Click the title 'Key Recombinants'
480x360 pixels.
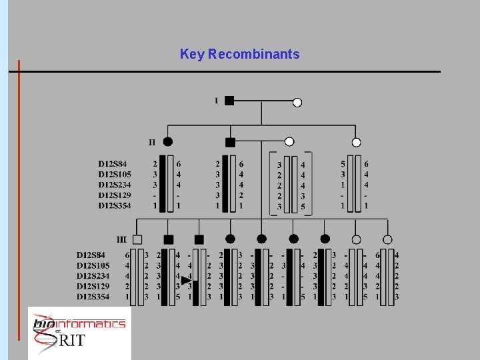[x=239, y=54]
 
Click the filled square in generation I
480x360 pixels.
[x=229, y=101]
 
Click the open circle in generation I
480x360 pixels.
[x=297, y=102]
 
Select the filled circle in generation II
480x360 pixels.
[x=168, y=141]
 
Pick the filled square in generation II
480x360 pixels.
[x=230, y=142]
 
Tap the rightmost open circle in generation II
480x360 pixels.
[x=357, y=142]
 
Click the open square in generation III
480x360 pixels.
[x=137, y=239]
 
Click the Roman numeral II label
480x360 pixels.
[x=152, y=142]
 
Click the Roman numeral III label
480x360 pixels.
[x=121, y=239]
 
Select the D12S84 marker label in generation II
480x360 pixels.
[x=112, y=163]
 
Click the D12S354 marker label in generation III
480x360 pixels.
[x=93, y=297]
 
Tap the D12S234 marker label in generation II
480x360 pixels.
[x=115, y=185]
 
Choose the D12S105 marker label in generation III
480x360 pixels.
[x=93, y=265]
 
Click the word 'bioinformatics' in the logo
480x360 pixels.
[x=79, y=324]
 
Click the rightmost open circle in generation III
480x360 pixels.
[x=387, y=239]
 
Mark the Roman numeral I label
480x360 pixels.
[x=216, y=101]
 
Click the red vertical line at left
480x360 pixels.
[x=19, y=200]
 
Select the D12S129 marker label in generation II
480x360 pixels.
[x=115, y=195]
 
